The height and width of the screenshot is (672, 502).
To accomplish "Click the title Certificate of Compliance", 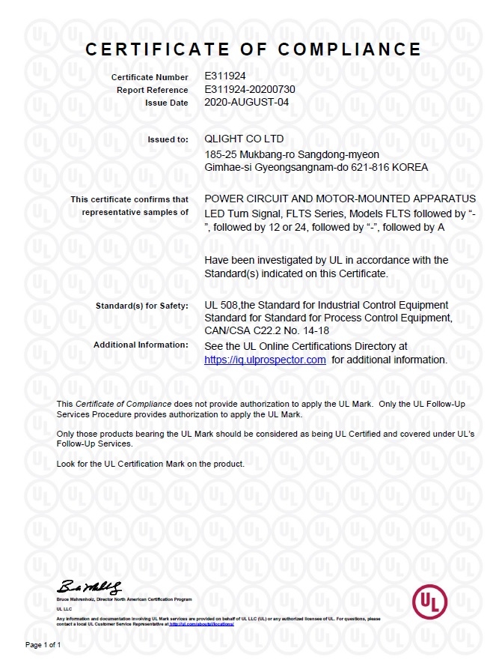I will coord(253,49).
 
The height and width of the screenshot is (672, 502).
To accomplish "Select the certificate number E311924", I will coord(225,76).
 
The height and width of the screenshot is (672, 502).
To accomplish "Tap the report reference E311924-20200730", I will coord(250,89).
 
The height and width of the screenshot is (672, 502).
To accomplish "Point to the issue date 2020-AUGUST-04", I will coord(246,102).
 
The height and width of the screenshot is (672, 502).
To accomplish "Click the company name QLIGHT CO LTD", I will coord(244,139).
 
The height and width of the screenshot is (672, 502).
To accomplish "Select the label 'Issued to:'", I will coord(169,139).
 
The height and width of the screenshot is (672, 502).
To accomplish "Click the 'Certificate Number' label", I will coord(150,77).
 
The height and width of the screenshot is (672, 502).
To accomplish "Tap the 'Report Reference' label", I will coord(153,90).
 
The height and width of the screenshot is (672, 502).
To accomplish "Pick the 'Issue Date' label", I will coord(166,103).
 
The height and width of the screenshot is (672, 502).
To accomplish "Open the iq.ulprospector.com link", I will coord(265,360).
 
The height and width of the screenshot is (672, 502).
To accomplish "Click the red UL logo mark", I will coord(429,602).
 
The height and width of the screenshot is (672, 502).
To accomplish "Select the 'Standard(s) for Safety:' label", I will coord(142,306).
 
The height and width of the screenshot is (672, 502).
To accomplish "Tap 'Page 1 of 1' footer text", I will coord(43,644).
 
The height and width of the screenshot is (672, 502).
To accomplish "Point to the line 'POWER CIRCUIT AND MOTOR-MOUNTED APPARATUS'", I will coord(340,199).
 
